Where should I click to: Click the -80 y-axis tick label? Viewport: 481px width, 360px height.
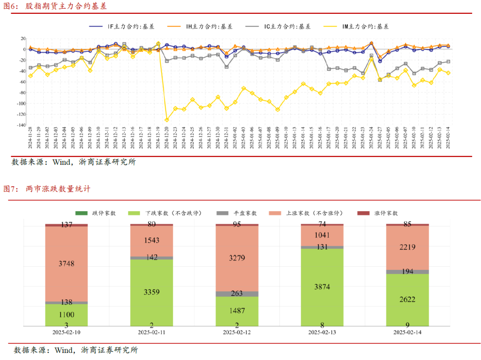pyautogui.click(x=20, y=93)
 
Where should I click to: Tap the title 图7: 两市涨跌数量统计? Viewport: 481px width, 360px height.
pyautogui.click(x=47, y=189)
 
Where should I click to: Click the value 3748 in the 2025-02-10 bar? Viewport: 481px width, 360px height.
pyautogui.click(x=66, y=264)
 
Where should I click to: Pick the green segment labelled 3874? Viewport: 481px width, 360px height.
pyautogui.click(x=322, y=287)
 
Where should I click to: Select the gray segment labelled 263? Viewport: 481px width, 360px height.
pyautogui.click(x=237, y=294)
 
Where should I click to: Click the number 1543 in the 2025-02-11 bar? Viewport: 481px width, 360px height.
pyautogui.click(x=151, y=241)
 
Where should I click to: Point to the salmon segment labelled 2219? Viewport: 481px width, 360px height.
pyautogui.click(x=408, y=247)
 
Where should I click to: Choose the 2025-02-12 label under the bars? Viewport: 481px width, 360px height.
pyautogui.click(x=237, y=332)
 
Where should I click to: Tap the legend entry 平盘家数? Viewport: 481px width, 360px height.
pyautogui.click(x=243, y=213)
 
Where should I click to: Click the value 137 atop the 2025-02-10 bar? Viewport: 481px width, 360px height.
pyautogui.click(x=66, y=225)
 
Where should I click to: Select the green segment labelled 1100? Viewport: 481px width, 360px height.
pyautogui.click(x=66, y=315)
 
